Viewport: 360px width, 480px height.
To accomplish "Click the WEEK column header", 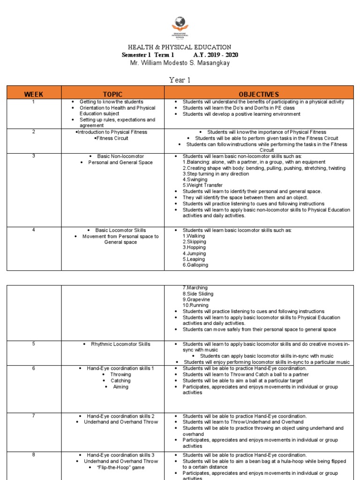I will coord(34,94).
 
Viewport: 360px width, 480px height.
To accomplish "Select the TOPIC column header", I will coord(112,94).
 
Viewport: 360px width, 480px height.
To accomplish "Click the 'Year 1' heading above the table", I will coord(180,80).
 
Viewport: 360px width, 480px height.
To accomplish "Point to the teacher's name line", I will coord(180,63).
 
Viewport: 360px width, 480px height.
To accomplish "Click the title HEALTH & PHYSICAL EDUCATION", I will coord(180,47).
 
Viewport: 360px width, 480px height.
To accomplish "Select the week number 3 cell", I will coord(34,156).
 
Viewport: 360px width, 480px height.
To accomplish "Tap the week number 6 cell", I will coord(34,368).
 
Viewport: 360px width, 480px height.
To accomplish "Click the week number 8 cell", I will coord(34,455).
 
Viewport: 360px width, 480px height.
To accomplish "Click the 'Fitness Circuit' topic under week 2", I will coord(112,138).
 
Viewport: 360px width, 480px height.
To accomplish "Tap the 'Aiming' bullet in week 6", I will coord(120,387).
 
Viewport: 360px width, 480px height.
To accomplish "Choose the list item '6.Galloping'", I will coord(195,265).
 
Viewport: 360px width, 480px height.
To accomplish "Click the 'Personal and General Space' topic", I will coord(120,162).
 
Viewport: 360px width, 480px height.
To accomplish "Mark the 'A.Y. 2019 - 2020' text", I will coord(213,55).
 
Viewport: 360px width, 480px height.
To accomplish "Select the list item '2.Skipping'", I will coord(195,242).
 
